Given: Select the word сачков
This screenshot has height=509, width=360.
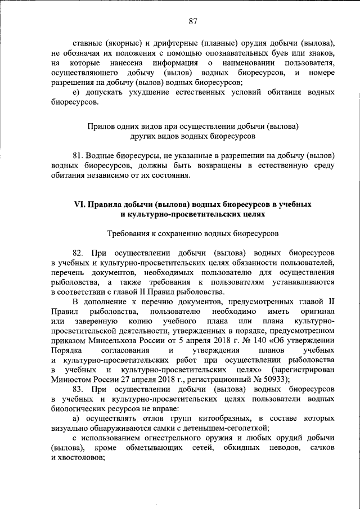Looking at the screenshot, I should click(x=322, y=447).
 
